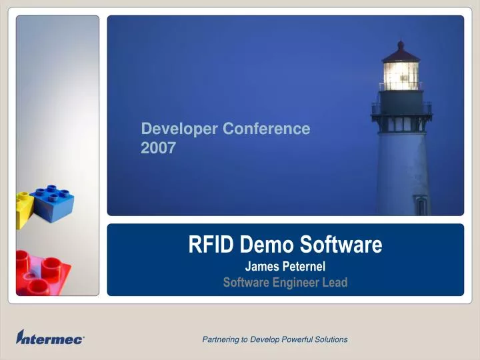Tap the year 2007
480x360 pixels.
(159, 148)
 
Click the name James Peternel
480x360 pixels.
(285, 267)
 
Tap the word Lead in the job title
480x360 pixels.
(335, 283)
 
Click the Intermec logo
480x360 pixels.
(50, 338)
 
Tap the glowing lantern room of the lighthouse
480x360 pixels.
(401, 75)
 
